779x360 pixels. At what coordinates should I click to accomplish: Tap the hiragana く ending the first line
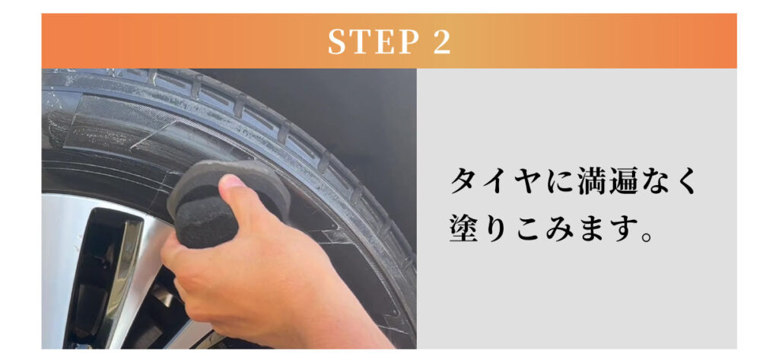point(686,182)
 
